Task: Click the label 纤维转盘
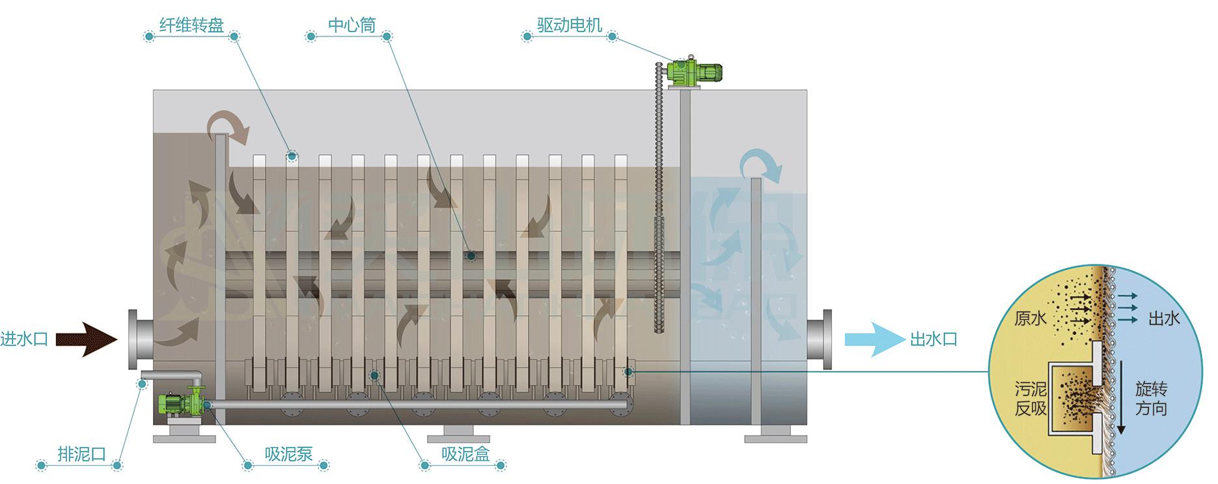pos(191,25)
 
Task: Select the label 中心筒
pos(352,25)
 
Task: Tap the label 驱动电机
pos(570,25)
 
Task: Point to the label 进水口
pos(25,339)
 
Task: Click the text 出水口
pos(933,339)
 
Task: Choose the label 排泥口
pos(81,454)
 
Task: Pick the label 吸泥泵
pos(288,454)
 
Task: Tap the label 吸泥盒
pos(465,454)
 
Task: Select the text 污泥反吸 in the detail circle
pos(1031,399)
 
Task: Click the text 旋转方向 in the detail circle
pos(1151,399)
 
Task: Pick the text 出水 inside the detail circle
pos(1164,318)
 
